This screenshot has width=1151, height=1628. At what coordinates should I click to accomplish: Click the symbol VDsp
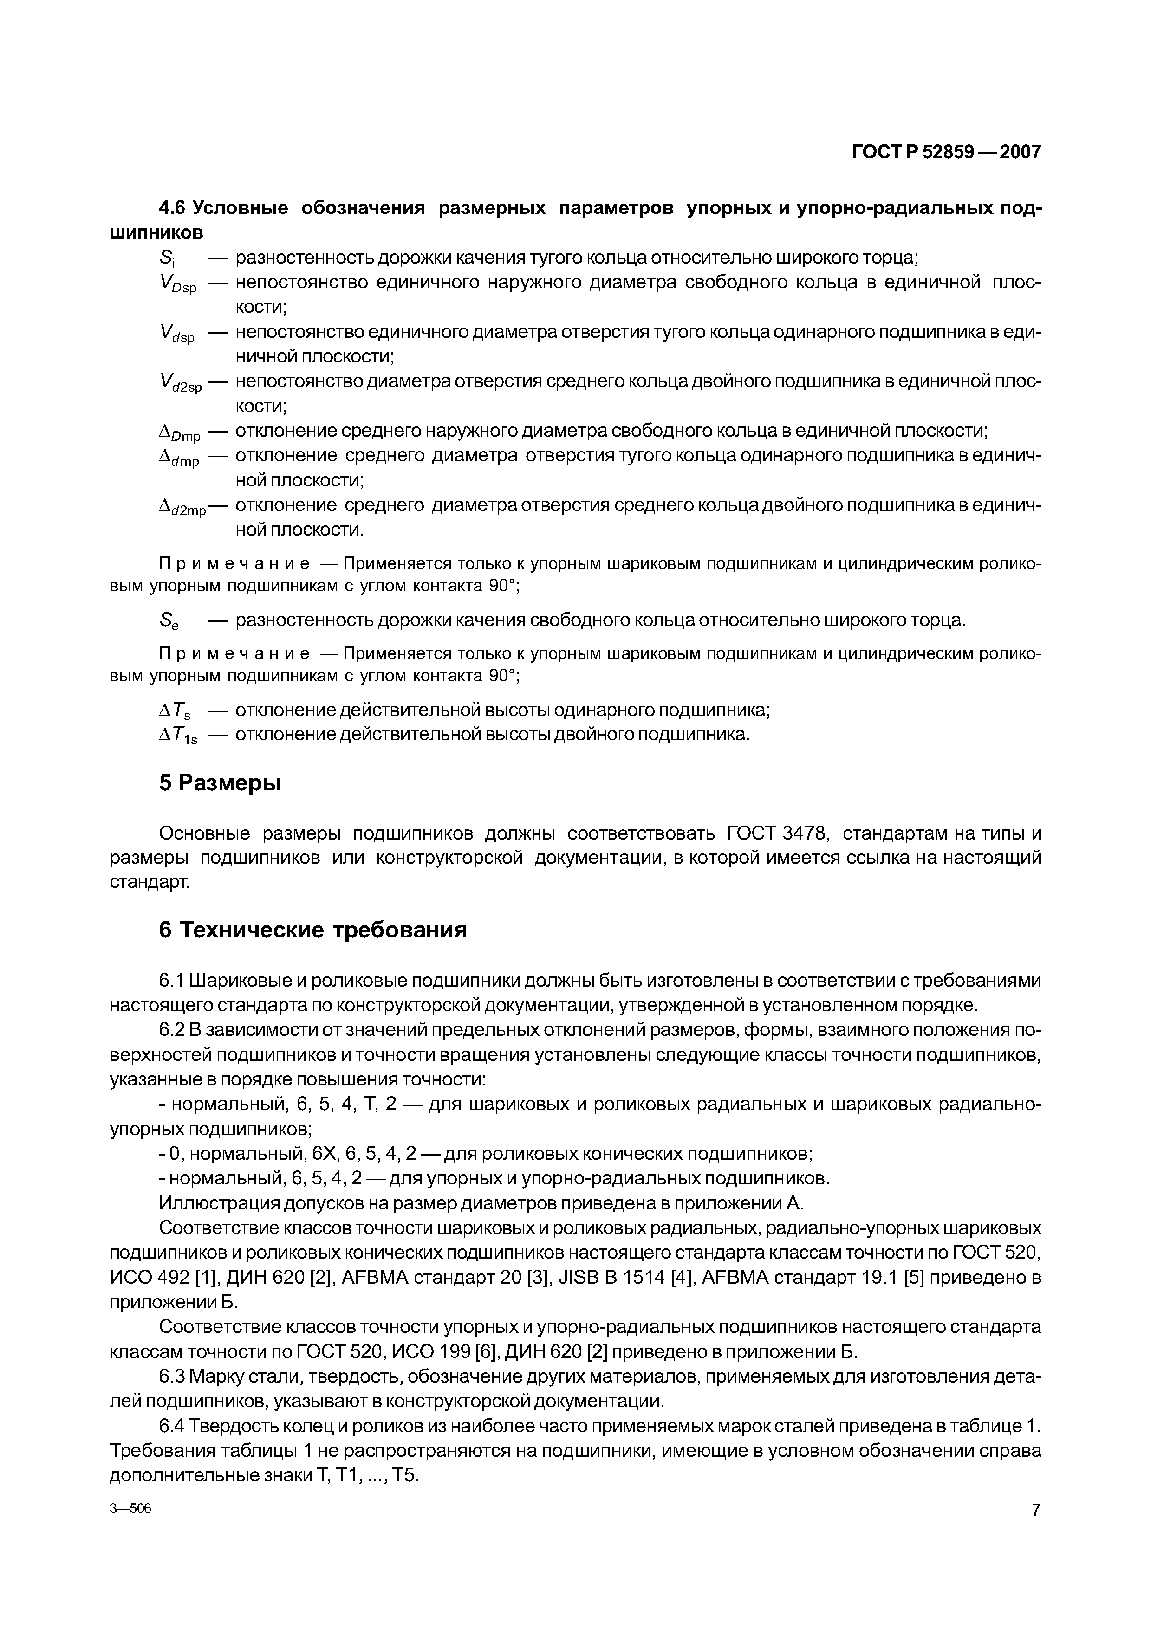pyautogui.click(x=177, y=285)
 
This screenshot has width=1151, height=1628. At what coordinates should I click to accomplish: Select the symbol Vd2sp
pyautogui.click(x=181, y=384)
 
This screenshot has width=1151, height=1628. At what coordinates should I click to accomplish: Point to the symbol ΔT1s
pyautogui.click(x=178, y=736)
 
